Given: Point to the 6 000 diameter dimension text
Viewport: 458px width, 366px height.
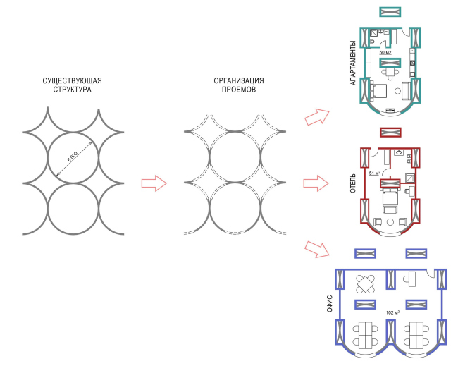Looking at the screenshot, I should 73,158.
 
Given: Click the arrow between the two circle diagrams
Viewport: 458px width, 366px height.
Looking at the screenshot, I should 154,183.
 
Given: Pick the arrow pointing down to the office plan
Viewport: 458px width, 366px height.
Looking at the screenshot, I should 317,248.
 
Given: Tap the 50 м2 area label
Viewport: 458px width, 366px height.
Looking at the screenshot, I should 386,53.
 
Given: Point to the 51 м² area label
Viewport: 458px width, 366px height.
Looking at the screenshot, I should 374,172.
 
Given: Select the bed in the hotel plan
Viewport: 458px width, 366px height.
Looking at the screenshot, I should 390,201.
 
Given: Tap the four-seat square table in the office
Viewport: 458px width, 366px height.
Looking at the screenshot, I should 366,283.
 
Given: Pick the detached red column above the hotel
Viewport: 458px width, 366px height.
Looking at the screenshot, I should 390,132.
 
